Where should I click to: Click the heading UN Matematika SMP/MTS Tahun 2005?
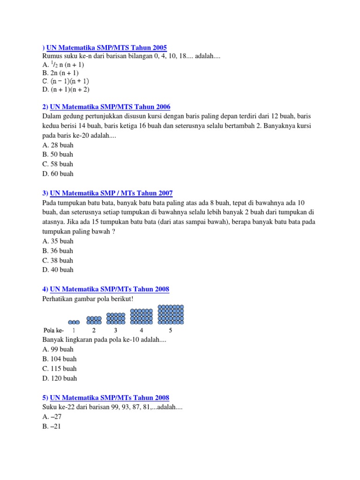coord(106,47)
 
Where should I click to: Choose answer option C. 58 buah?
coord(58,164)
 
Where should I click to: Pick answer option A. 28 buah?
coord(58,145)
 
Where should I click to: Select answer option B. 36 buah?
coord(58,251)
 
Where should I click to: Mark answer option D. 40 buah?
coord(58,270)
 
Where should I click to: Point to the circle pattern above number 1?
coord(74,322)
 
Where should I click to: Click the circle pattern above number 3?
coord(116,319)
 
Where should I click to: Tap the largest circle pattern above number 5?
coord(171,315)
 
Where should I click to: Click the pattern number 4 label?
coord(142,330)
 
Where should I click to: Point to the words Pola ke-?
coord(53,330)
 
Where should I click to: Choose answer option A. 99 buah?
coord(58,349)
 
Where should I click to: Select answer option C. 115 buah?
coord(59,368)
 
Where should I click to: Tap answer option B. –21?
coord(52,427)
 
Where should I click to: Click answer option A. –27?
coord(52,417)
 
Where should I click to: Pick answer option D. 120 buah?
coord(60,378)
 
